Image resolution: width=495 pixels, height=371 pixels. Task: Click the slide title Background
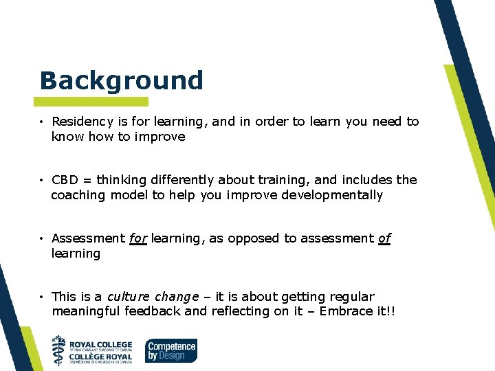click(x=122, y=80)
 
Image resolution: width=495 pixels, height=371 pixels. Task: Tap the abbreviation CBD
click(x=65, y=180)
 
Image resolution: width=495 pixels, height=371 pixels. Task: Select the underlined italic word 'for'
click(x=137, y=238)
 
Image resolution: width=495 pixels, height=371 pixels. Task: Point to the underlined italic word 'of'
click(x=384, y=238)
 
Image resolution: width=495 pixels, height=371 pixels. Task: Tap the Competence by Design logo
click(x=171, y=350)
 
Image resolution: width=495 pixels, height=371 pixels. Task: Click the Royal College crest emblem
click(x=60, y=350)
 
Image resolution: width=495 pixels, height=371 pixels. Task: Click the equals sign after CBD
click(x=87, y=180)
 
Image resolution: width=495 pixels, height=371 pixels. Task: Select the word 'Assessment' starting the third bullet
click(x=88, y=238)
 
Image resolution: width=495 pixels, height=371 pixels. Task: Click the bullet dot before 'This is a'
click(x=42, y=297)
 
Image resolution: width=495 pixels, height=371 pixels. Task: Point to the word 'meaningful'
click(x=87, y=311)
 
